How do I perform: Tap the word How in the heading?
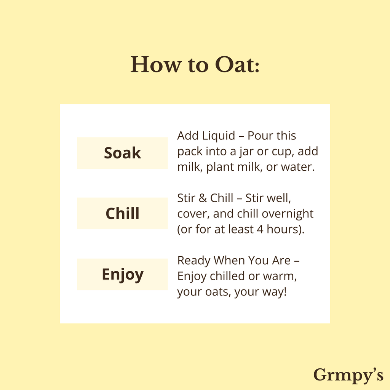coord(156,64)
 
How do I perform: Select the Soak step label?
coord(122,153)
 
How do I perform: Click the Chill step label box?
coord(122,213)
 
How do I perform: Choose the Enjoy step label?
coord(122,274)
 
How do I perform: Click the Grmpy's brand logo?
coord(348,375)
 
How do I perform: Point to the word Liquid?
coord(218,136)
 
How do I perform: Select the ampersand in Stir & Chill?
coord(203,198)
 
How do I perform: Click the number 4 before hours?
coord(260,229)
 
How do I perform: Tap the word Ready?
coord(194,261)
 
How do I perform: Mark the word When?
coord(229,261)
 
